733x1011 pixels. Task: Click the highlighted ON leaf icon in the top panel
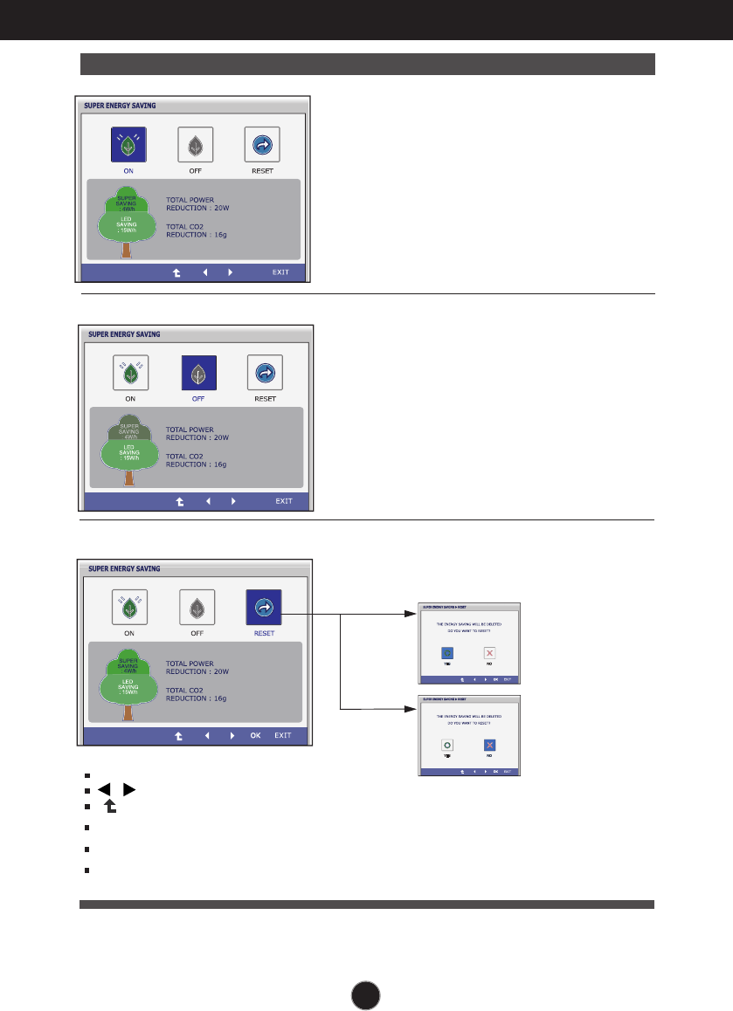(x=128, y=145)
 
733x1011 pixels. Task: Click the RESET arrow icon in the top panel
(x=262, y=145)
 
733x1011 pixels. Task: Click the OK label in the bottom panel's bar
(x=255, y=735)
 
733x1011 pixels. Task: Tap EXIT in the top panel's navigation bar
(x=280, y=272)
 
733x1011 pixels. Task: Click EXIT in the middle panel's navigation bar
(x=284, y=501)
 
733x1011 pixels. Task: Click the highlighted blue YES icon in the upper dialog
(x=447, y=652)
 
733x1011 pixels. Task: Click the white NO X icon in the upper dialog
(x=490, y=652)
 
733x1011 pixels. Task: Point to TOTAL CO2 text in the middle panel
(x=189, y=457)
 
